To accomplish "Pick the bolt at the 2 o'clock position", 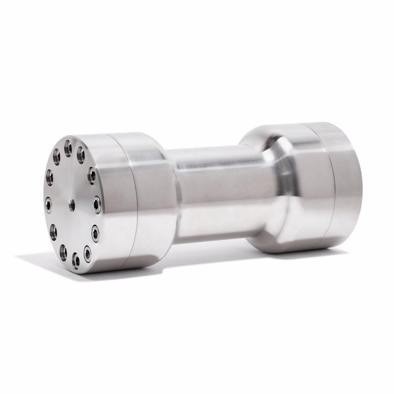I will (x=92, y=172).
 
